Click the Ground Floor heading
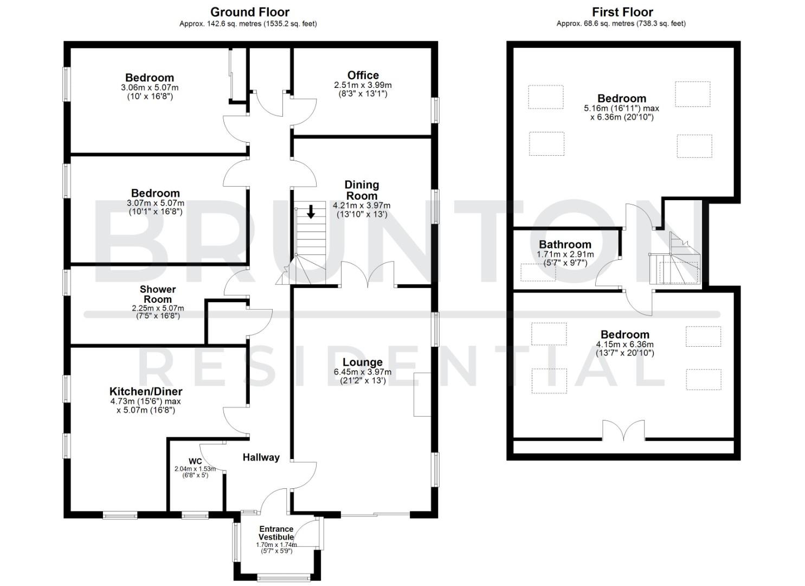pyautogui.click(x=249, y=12)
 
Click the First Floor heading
pyautogui.click(x=622, y=12)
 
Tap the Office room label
pyautogui.click(x=363, y=75)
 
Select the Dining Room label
pyautogui.click(x=362, y=190)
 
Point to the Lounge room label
pyautogui.click(x=362, y=362)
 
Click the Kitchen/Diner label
pyautogui.click(x=145, y=391)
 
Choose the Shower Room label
pyautogui.click(x=157, y=294)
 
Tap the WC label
pyautogui.click(x=195, y=461)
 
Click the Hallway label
pyautogui.click(x=261, y=457)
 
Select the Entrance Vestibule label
pyautogui.click(x=276, y=533)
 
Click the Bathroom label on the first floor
pyautogui.click(x=565, y=244)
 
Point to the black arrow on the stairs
pyautogui.click(x=311, y=211)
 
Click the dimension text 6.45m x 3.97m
pyautogui.click(x=362, y=372)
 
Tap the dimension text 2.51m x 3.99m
pyautogui.click(x=363, y=85)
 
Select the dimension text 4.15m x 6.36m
pyautogui.click(x=624, y=344)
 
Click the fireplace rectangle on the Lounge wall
pyautogui.click(x=422, y=394)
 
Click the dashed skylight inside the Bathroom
pyautogui.click(x=538, y=272)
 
